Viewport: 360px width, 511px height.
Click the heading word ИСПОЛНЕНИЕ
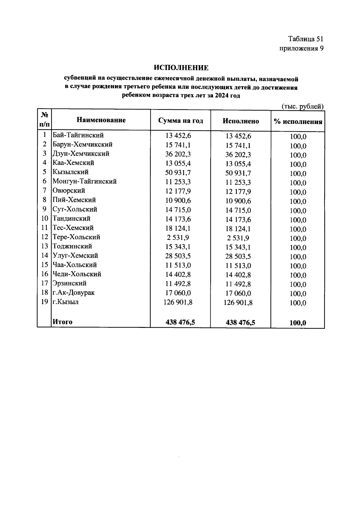[181, 68]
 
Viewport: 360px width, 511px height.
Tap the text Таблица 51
[306, 39]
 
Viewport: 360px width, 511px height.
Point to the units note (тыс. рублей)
[302, 106]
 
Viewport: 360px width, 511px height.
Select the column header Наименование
[101, 120]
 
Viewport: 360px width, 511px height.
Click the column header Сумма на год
[181, 121]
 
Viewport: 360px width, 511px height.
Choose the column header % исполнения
[298, 122]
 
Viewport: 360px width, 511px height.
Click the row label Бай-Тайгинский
[78, 135]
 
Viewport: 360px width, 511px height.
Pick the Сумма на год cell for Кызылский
[178, 173]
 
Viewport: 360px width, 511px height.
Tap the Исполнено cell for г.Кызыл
[238, 303]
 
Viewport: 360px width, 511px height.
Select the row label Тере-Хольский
[76, 237]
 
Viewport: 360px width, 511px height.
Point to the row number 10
[44, 219]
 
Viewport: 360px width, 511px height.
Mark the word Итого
[62, 322]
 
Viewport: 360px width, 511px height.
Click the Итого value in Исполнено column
[240, 323]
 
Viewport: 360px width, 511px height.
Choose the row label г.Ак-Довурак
[73, 292]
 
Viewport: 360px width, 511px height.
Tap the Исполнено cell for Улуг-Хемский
[238, 256]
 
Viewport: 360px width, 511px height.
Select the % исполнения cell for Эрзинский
[298, 284]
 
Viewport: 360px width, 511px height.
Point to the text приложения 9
[301, 49]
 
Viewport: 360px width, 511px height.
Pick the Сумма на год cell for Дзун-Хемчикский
[178, 154]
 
